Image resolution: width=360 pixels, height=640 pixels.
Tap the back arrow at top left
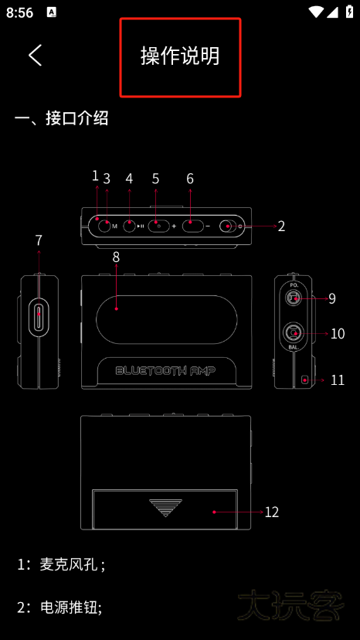35,55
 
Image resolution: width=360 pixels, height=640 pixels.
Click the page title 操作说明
180,56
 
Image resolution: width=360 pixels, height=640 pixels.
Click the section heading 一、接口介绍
61,118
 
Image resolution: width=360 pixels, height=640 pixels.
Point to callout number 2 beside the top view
281,226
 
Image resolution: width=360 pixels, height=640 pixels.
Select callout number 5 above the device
155,179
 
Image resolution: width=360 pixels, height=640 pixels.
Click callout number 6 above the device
190,179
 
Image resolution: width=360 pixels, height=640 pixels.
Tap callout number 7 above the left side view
39,240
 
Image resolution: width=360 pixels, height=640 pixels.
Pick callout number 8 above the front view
116,257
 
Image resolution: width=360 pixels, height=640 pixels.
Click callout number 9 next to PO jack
331,298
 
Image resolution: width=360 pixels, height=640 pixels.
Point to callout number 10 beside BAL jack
337,334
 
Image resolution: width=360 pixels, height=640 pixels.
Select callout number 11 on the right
337,380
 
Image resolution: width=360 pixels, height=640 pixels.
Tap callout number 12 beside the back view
271,512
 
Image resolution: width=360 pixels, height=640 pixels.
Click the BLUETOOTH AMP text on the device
165,370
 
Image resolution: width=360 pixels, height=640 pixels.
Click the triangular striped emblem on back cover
165,507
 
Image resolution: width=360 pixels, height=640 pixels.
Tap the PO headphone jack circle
293,298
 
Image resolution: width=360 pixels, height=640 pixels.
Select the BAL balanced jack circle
293,333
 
